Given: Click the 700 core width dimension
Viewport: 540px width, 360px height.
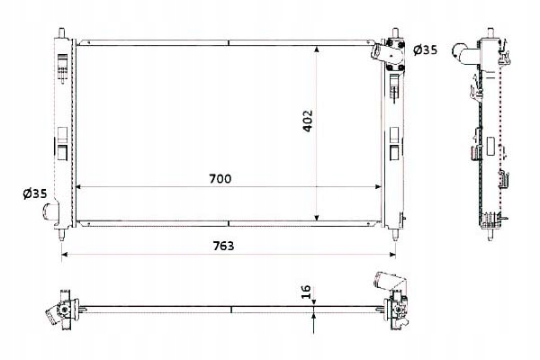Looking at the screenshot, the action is tap(220, 179).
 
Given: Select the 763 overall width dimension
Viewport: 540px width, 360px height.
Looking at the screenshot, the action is tap(223, 246).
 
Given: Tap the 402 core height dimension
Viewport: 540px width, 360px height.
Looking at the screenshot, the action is tap(307, 121).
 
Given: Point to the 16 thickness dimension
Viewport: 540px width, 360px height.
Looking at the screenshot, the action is tap(306, 292).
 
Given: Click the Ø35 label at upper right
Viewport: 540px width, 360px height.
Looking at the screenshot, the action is tap(425, 50).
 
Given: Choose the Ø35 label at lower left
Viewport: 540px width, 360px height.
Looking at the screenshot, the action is tap(35, 193).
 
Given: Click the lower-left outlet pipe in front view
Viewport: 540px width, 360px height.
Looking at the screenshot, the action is tap(50, 211).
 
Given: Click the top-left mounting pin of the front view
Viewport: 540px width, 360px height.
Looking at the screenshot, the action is tap(61, 31).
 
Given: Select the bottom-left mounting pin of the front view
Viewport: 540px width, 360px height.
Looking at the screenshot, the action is tap(61, 234).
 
